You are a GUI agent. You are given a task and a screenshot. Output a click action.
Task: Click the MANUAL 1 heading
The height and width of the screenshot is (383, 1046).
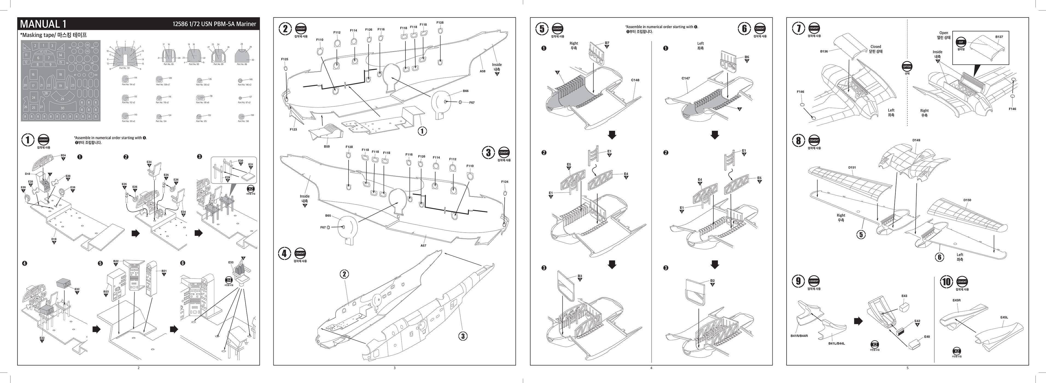click(43, 24)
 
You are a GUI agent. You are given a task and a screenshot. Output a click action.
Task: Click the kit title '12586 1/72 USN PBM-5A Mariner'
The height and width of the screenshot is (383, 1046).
click(214, 24)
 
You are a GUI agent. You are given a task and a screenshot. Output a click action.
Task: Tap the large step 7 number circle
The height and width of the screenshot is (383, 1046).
click(798, 28)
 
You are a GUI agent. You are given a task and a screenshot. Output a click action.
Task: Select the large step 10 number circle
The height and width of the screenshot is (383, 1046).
click(946, 282)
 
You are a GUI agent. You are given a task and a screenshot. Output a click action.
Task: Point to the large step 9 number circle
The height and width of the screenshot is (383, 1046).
click(798, 281)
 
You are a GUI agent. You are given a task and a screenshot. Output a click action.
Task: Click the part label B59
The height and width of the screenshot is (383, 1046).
click(326, 146)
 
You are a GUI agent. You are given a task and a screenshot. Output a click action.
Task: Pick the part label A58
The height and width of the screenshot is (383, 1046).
click(482, 71)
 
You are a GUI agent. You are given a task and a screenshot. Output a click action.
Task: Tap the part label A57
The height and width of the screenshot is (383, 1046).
click(423, 245)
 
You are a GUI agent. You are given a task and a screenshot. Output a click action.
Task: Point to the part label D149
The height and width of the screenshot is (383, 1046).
click(916, 140)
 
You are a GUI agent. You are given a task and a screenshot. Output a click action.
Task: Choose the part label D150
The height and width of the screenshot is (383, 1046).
click(967, 200)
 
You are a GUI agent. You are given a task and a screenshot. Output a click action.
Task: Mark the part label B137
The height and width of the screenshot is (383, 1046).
click(999, 37)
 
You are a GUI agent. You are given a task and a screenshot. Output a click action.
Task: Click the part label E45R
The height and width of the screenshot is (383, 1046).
click(956, 300)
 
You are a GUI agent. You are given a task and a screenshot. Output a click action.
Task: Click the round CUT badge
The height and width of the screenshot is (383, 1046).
click(961, 42)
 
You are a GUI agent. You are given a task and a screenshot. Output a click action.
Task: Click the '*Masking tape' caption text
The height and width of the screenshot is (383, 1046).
click(54, 35)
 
